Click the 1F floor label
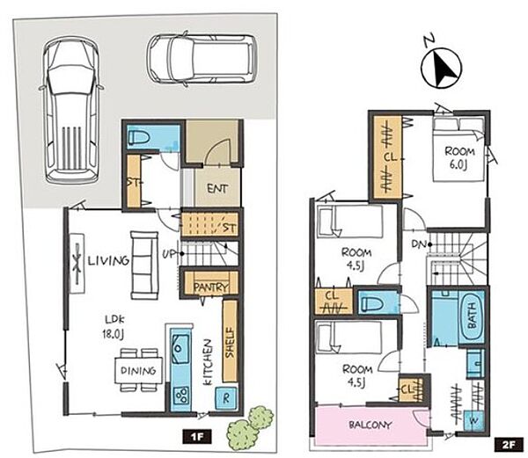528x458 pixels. click(x=197, y=436)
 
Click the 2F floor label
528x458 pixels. click(x=509, y=445)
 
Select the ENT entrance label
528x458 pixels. click(x=217, y=189)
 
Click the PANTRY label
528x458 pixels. click(x=211, y=287)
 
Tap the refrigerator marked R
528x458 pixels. click(x=226, y=398)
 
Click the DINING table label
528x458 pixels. click(x=138, y=371)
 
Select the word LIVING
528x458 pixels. click(x=108, y=260)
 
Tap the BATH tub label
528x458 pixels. click(x=472, y=316)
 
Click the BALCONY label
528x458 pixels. click(x=370, y=425)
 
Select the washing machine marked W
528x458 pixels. click(x=473, y=420)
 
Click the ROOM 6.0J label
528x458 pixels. click(x=459, y=158)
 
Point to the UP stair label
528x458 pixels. click(x=169, y=254)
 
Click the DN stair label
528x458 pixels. click(x=419, y=244)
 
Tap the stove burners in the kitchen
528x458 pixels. click(x=181, y=395)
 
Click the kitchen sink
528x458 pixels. click(x=180, y=349)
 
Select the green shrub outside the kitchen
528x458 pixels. click(x=251, y=426)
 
